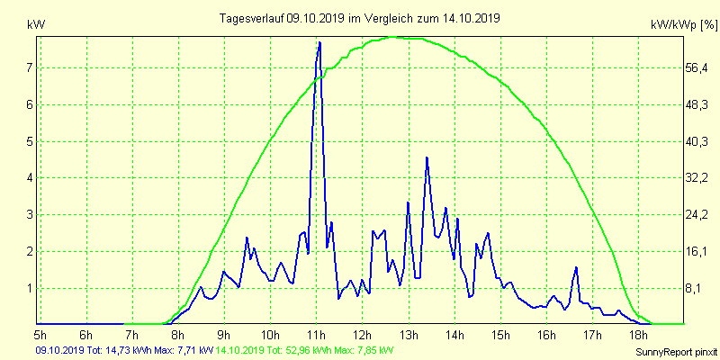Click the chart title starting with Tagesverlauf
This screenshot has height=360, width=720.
click(x=360, y=18)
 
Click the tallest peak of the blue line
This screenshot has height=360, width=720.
click(x=319, y=42)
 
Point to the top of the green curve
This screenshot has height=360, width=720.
click(x=397, y=37)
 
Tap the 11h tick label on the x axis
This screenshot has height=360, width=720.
click(x=316, y=336)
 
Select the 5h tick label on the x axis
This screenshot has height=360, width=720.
click(x=40, y=336)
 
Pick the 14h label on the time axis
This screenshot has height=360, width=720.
click(x=454, y=336)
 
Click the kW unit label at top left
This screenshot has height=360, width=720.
click(x=35, y=24)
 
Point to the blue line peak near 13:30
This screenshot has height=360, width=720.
click(x=427, y=157)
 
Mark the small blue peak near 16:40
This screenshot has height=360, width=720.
click(x=576, y=267)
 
